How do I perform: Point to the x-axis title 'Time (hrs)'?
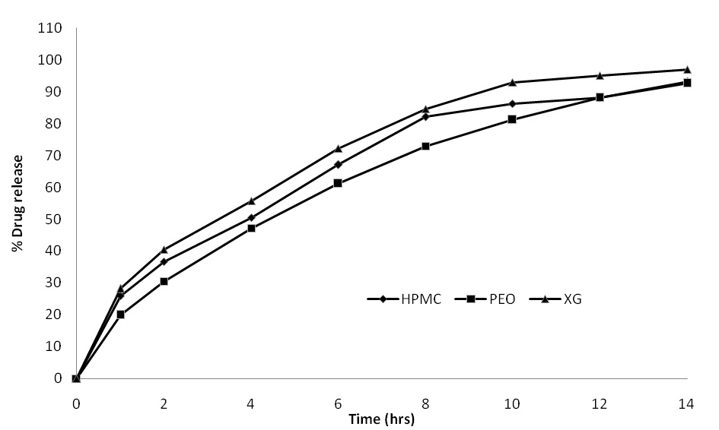[x=381, y=419]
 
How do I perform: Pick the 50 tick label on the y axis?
[x=54, y=219]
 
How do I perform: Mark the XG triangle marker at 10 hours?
[x=512, y=82]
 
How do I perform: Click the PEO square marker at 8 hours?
[x=425, y=146]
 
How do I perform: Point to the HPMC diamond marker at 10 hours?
[x=512, y=103]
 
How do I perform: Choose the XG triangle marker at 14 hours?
[x=687, y=69]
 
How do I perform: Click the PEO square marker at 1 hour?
[x=120, y=314]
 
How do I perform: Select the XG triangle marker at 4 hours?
[x=251, y=201]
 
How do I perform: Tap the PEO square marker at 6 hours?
[x=338, y=183]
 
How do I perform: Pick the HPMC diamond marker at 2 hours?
[x=164, y=262]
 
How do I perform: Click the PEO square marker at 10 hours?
[x=512, y=119]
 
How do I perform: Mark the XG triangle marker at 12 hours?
[x=600, y=75]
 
